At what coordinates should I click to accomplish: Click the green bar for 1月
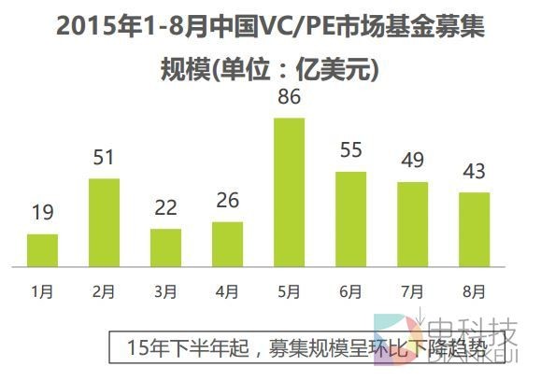(42, 249)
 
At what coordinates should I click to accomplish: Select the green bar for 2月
(104, 221)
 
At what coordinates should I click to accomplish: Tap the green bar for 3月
(165, 247)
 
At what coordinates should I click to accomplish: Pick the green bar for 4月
(227, 243)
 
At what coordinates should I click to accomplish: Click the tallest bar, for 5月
(289, 191)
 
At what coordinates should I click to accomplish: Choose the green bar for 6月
(350, 219)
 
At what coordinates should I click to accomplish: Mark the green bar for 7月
(412, 223)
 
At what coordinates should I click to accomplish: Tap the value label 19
(42, 214)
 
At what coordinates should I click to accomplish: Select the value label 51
(104, 157)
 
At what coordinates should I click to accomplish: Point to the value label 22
(165, 208)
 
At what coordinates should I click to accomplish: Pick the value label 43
(474, 172)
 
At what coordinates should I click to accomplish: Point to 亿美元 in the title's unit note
(337, 68)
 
